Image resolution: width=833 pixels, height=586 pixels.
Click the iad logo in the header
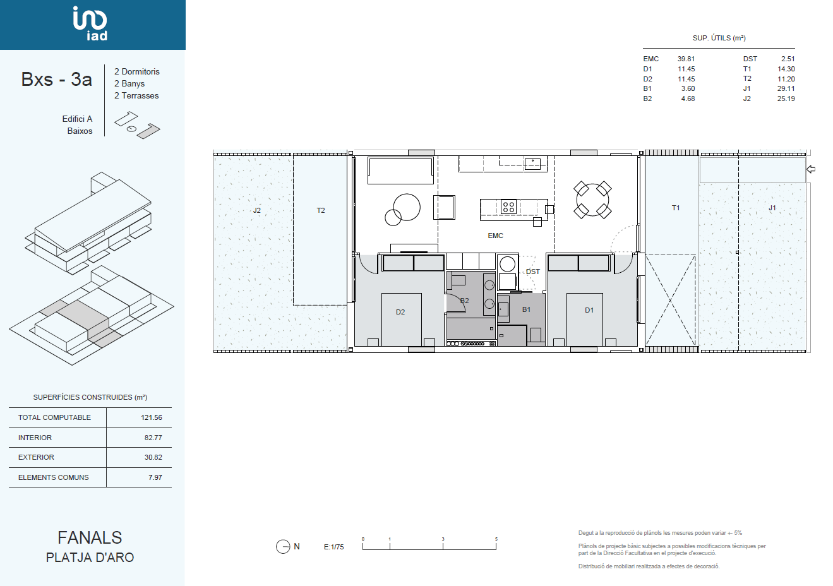click(x=90, y=23)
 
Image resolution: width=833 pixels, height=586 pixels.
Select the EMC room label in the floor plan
click(x=495, y=236)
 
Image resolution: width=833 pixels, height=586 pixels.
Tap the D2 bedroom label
click(x=400, y=312)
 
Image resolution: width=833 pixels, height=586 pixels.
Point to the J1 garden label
click(x=772, y=208)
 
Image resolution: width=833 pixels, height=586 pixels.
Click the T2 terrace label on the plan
click(x=321, y=210)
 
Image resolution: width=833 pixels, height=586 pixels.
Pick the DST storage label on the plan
click(x=532, y=272)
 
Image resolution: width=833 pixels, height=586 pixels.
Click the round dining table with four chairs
click(x=592, y=200)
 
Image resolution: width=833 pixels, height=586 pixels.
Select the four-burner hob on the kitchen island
click(x=508, y=206)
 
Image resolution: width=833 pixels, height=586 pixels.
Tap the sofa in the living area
click(x=400, y=170)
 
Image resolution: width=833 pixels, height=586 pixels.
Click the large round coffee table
click(x=407, y=207)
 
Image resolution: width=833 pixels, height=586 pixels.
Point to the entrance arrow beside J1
click(x=811, y=169)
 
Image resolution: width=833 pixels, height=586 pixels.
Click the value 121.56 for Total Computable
click(x=152, y=417)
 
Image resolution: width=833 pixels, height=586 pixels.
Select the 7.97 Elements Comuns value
click(x=155, y=477)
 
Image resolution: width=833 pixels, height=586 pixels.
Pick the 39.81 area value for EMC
click(x=686, y=59)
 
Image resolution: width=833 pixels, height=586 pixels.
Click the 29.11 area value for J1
click(x=786, y=88)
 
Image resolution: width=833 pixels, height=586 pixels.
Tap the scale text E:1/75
click(x=333, y=547)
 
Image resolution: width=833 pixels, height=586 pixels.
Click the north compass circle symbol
click(x=283, y=547)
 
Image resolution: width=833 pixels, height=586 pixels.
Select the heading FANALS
click(x=90, y=537)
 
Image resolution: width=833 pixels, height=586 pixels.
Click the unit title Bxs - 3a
click(x=57, y=79)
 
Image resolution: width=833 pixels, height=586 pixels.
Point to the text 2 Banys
click(x=129, y=83)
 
